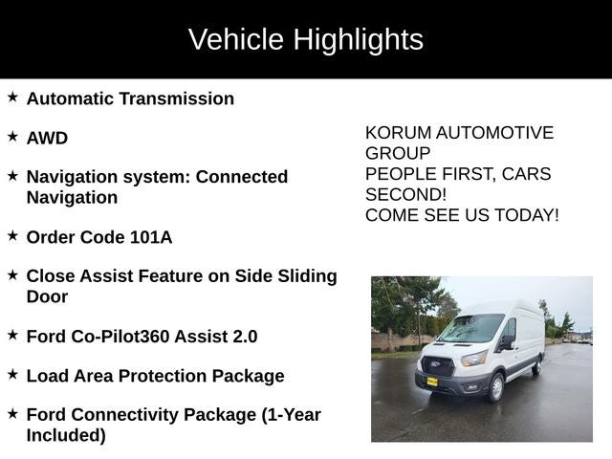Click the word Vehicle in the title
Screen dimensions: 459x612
click(235, 40)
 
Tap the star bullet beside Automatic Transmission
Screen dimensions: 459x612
click(12, 98)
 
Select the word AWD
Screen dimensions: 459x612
click(47, 138)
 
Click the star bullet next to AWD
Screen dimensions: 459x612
click(12, 137)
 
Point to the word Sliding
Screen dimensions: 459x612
click(304, 276)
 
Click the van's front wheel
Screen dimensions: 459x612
click(495, 387)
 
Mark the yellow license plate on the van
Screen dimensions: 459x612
click(432, 381)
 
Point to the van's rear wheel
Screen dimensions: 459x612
click(536, 366)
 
